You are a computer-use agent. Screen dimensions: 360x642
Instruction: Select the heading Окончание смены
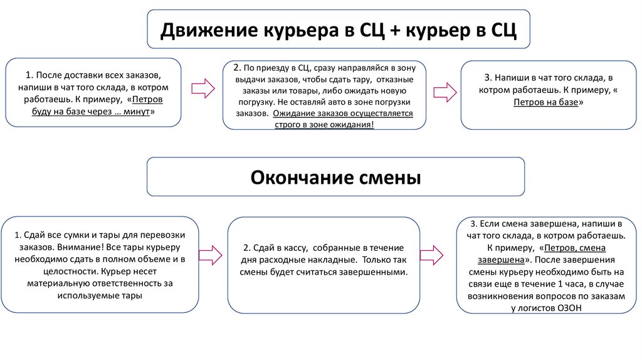(x=335, y=177)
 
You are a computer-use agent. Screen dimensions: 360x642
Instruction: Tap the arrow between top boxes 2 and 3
(x=445, y=92)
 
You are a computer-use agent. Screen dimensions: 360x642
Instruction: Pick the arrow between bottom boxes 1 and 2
(x=209, y=254)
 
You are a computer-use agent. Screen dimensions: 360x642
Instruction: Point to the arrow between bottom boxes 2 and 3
(x=431, y=255)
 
